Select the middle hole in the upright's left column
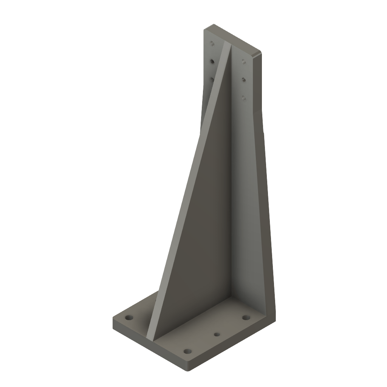[x=212, y=61]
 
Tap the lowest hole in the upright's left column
[x=212, y=79]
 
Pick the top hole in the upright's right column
[x=244, y=61]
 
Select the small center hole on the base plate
[x=217, y=334]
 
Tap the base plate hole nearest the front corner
[x=187, y=351]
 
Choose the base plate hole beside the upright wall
[x=246, y=317]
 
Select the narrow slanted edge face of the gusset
[x=189, y=189]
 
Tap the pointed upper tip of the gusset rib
[x=228, y=44]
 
